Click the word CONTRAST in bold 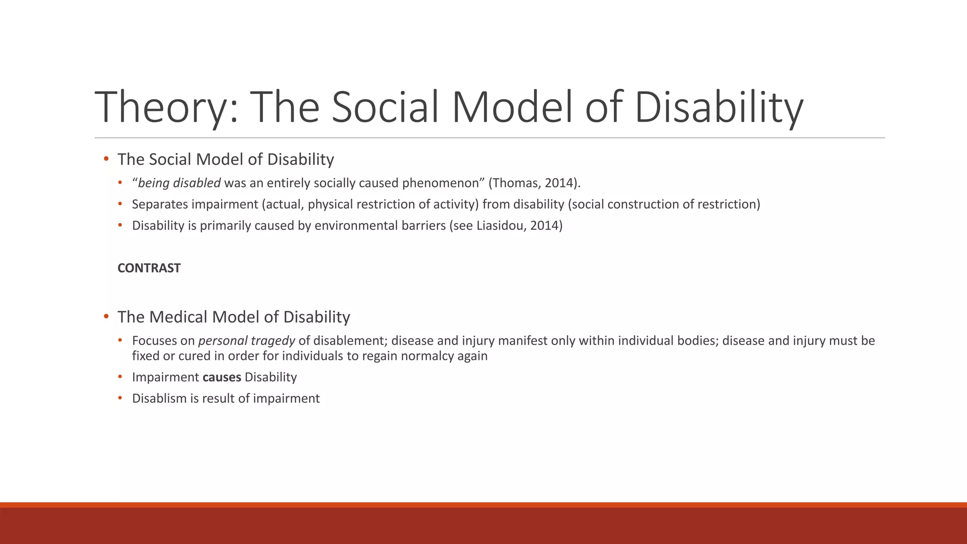tap(149, 268)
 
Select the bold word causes tap(221, 377)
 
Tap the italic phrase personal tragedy tap(246, 341)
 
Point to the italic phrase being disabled tap(179, 183)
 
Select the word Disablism tap(159, 399)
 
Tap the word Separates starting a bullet tap(160, 204)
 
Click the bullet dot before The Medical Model tap(106, 316)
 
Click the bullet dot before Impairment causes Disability tap(120, 377)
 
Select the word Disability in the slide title tap(718, 108)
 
